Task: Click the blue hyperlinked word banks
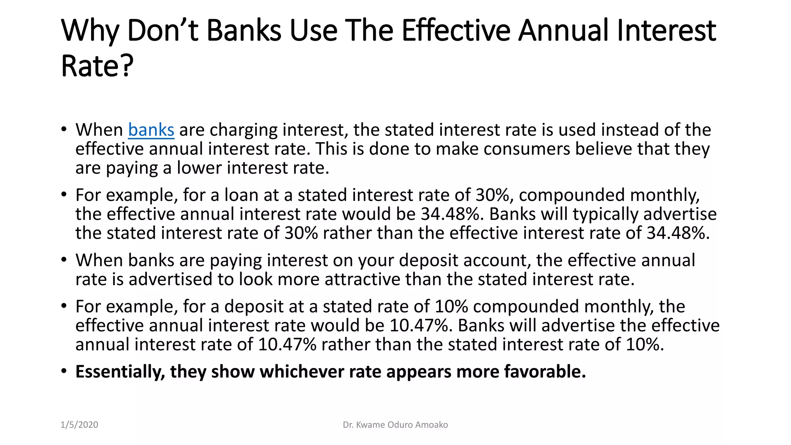[x=151, y=130]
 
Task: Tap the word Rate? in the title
[x=97, y=66]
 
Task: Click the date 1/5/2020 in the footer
[x=79, y=425]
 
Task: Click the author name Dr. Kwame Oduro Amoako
[x=395, y=425]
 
